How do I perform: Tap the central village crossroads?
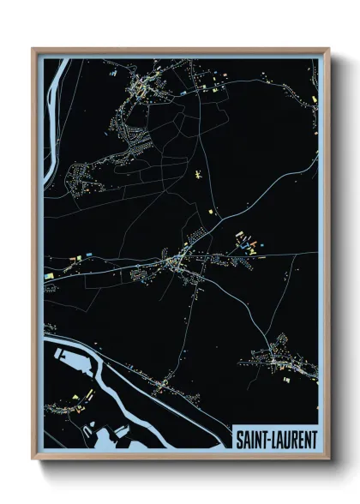(177, 258)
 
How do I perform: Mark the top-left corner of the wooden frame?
(33, 49)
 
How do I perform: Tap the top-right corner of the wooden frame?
(328, 49)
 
